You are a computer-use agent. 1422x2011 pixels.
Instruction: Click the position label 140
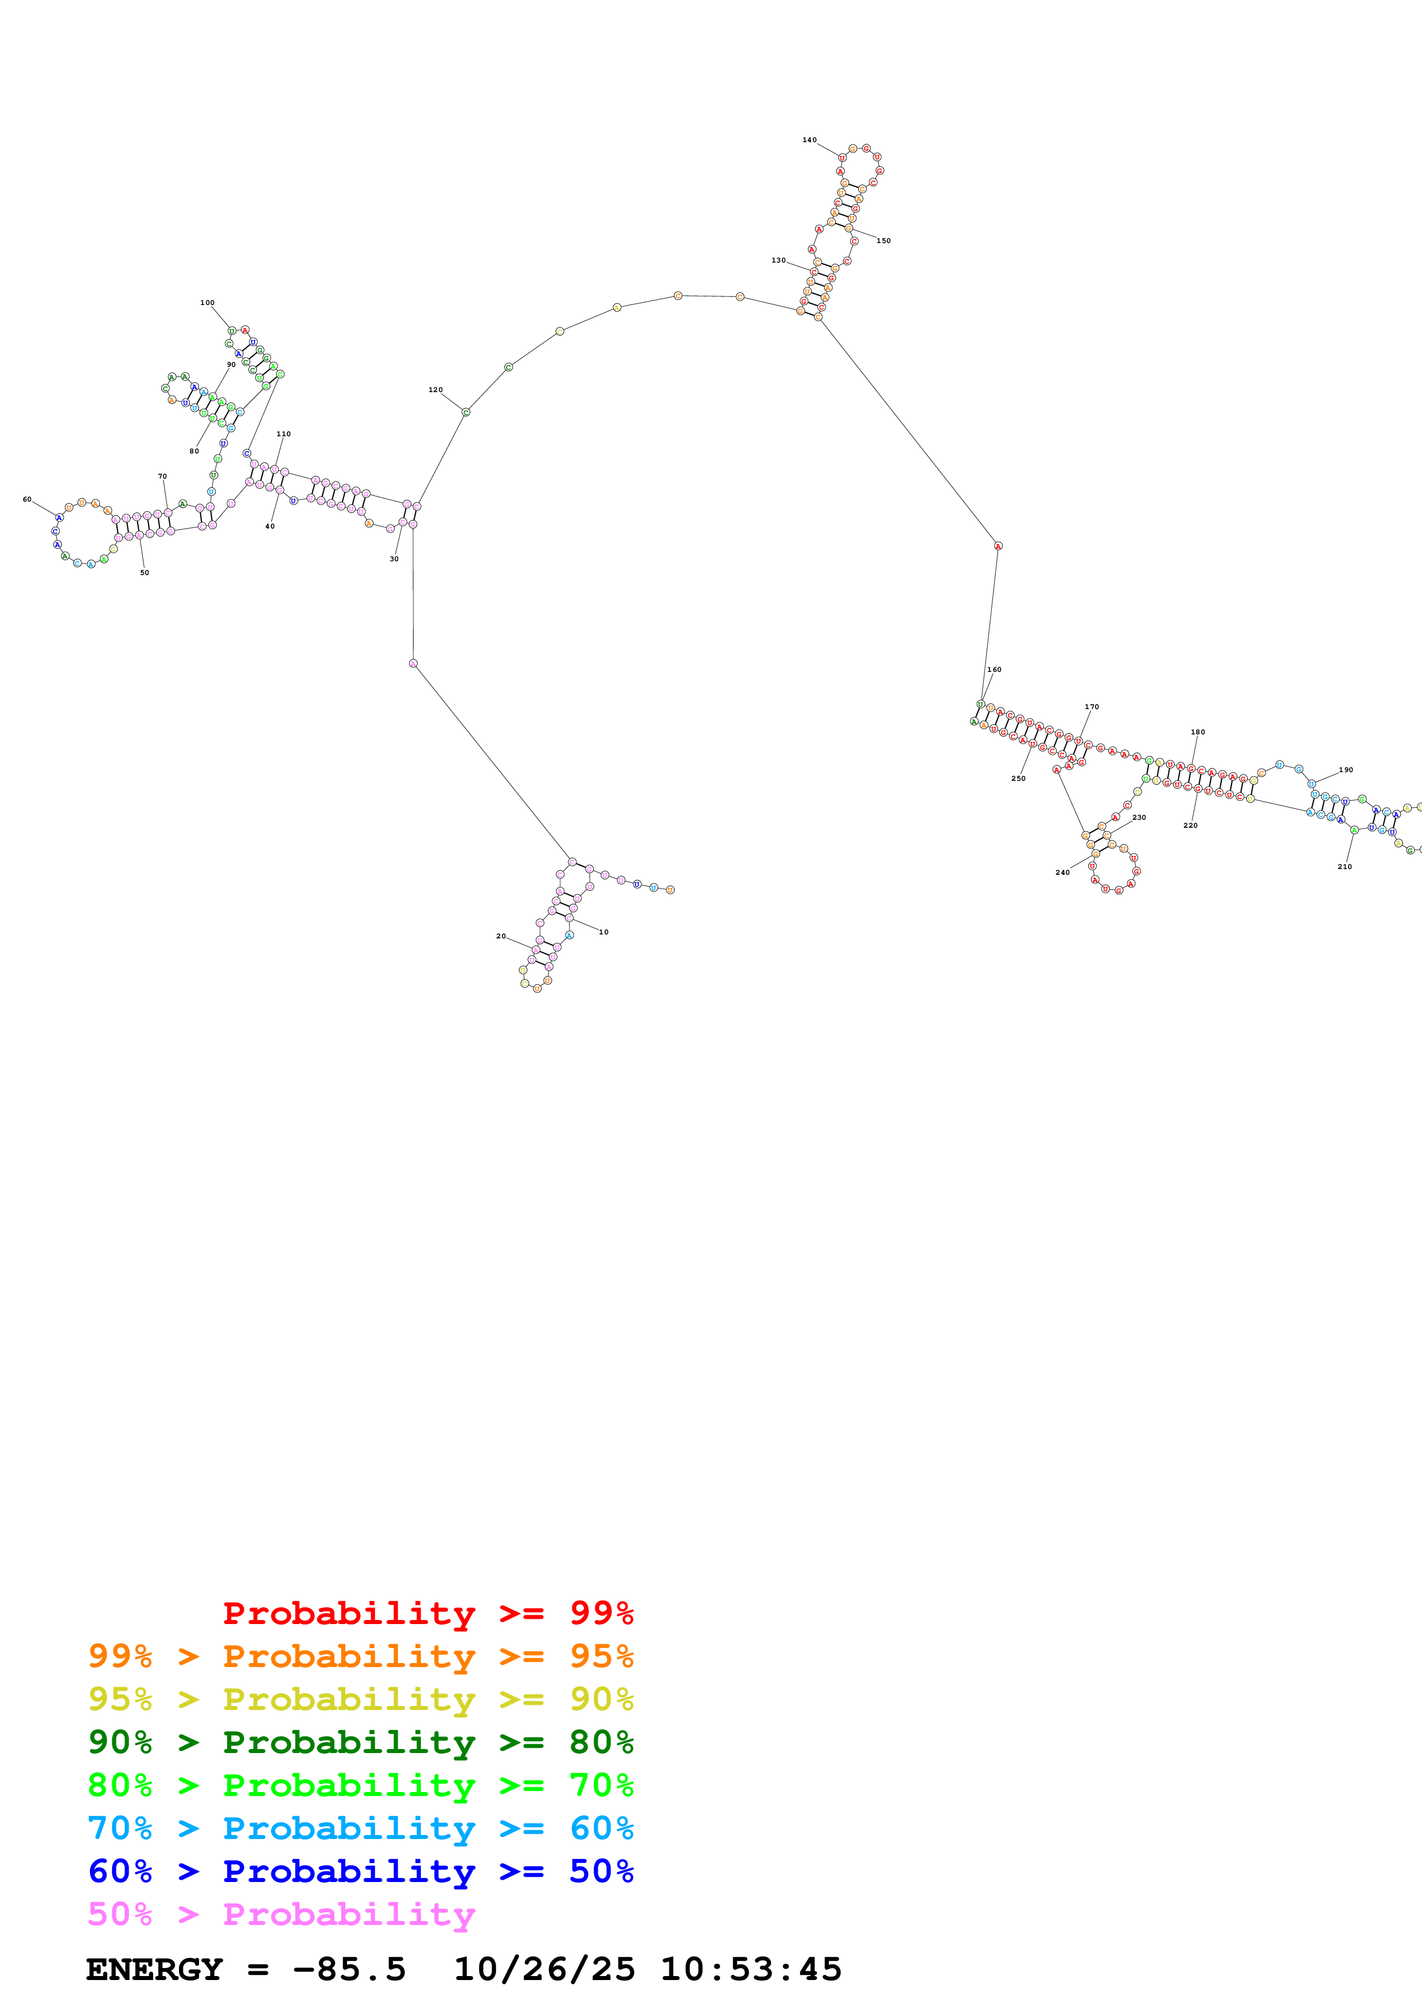pyautogui.click(x=809, y=140)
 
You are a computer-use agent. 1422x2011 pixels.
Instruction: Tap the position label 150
pyautogui.click(x=883, y=241)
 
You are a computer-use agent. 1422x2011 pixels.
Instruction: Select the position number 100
pyautogui.click(x=207, y=303)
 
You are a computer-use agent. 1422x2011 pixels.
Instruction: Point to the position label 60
pyautogui.click(x=27, y=499)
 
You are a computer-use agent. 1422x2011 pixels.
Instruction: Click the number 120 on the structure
pyautogui.click(x=435, y=390)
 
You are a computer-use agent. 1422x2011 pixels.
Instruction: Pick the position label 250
pyautogui.click(x=1018, y=778)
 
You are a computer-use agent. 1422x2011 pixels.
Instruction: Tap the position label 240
pyautogui.click(x=1062, y=873)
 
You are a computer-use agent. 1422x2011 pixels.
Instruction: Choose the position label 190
pyautogui.click(x=1346, y=770)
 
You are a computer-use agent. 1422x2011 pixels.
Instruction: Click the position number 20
pyautogui.click(x=501, y=936)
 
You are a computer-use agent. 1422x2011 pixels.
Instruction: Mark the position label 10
pyautogui.click(x=603, y=932)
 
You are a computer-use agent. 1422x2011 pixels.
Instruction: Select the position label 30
pyautogui.click(x=394, y=559)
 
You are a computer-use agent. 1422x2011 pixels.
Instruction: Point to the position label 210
pyautogui.click(x=1344, y=866)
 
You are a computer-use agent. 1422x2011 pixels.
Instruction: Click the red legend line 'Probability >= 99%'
pyautogui.click(x=427, y=1613)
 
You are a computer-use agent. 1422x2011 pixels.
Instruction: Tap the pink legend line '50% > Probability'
pyautogui.click(x=280, y=1913)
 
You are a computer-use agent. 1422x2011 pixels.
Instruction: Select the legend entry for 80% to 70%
pyautogui.click(x=360, y=1784)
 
